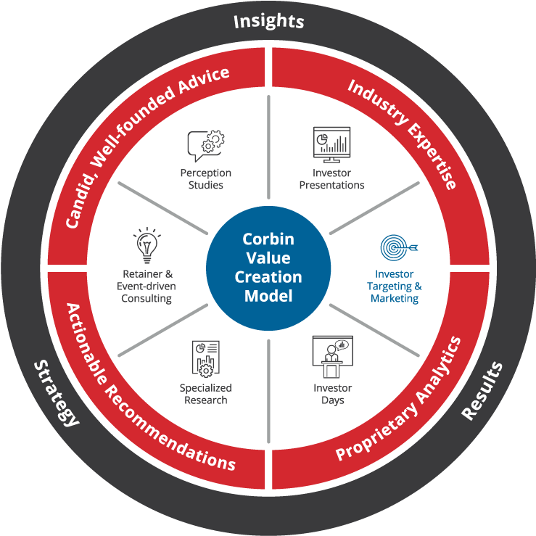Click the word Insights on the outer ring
(268, 21)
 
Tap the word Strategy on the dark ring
(57, 393)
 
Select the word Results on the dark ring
(482, 391)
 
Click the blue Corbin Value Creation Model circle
(268, 268)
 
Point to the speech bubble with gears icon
(206, 146)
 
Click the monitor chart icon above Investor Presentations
(332, 144)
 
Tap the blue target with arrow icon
(399, 247)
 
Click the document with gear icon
(206, 359)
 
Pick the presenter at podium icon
(333, 357)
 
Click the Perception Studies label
(206, 178)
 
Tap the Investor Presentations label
(332, 178)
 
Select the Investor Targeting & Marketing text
(395, 286)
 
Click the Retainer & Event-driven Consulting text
(147, 286)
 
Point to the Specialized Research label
(206, 394)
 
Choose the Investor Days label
(333, 394)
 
